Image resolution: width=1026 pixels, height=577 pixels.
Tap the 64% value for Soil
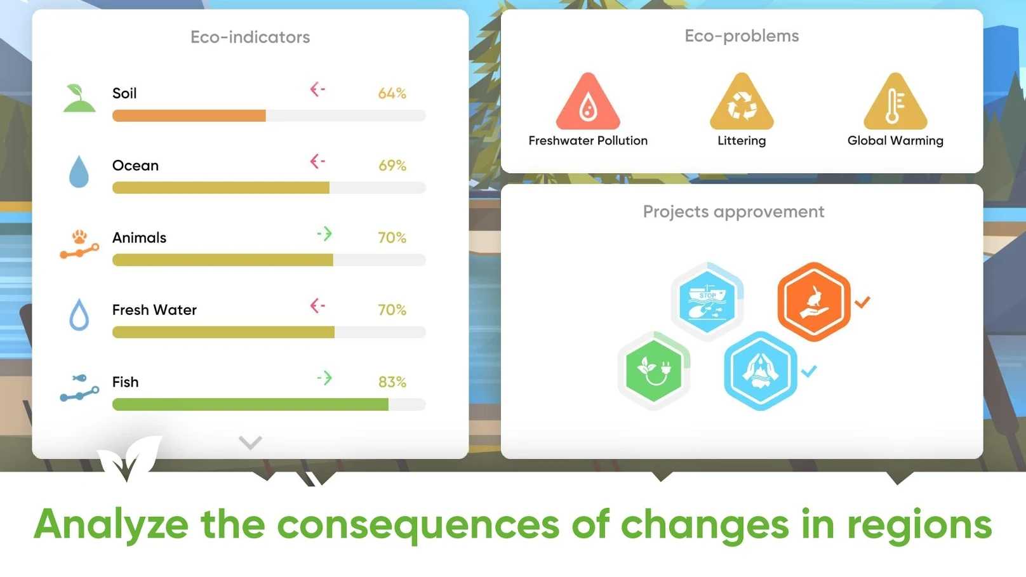coord(392,93)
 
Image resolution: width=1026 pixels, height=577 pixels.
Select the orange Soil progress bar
coord(189,116)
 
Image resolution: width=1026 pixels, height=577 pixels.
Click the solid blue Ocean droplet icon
coord(79,171)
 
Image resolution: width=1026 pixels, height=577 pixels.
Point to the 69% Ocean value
coord(392,165)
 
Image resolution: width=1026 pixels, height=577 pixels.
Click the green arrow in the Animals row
coord(324,234)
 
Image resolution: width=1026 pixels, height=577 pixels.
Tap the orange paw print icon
coord(79,237)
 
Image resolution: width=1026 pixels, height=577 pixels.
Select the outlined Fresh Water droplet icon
coord(79,315)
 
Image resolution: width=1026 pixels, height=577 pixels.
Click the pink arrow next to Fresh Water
coord(317,305)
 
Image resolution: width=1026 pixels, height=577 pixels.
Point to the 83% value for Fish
coord(392,382)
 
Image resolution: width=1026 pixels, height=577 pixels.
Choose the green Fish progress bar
coord(250,404)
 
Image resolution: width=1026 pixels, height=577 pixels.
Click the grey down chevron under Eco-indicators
coord(250,442)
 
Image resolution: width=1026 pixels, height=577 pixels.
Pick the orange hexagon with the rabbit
coord(814,302)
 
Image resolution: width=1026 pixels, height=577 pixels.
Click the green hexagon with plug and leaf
coord(653,370)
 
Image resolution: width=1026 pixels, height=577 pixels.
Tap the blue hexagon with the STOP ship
coord(707,302)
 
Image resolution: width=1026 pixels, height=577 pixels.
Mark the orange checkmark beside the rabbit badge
coord(862,302)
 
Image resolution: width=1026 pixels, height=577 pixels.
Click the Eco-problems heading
coord(742,36)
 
